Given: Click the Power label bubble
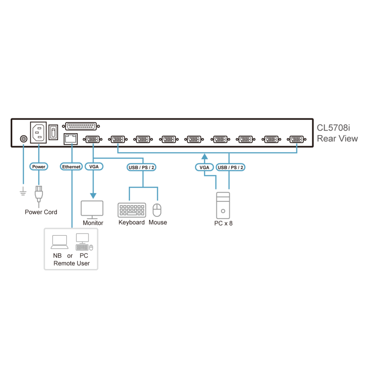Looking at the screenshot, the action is click(39, 167).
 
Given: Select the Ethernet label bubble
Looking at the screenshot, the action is click(71, 167).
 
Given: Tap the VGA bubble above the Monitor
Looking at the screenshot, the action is click(94, 167).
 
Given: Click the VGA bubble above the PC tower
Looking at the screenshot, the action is click(204, 167).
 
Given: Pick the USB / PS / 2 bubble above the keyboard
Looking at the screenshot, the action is click(141, 167).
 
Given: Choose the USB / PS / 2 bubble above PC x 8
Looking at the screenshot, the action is click(230, 167).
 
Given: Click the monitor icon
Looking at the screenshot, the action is click(92, 210).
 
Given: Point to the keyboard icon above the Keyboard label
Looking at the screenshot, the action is click(132, 210).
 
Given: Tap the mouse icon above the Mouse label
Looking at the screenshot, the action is click(157, 210).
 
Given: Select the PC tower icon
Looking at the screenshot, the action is click(223, 206).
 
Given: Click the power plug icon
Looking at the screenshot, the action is click(39, 194).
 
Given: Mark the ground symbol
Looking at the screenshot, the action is click(23, 191).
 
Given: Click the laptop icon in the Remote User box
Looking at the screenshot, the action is click(60, 242).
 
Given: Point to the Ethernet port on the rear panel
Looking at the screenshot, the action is click(71, 139).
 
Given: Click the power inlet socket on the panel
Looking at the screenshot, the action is click(38, 132).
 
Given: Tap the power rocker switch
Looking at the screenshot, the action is click(53, 132).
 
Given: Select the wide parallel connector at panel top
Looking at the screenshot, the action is click(81, 126).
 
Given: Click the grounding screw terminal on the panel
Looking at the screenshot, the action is click(24, 139).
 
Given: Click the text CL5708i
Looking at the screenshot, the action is click(333, 128).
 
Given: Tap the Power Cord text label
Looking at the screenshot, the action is click(41, 212).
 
